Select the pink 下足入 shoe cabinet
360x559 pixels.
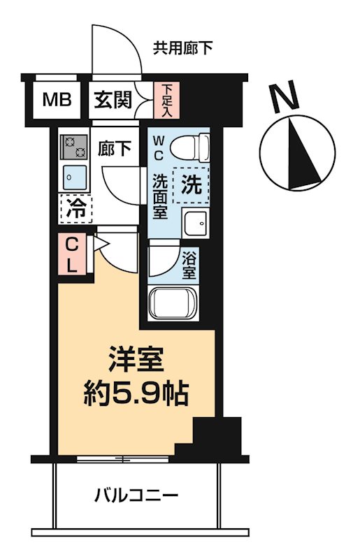(x=166, y=99)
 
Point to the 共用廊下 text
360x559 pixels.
(x=183, y=48)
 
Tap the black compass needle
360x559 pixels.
(x=302, y=150)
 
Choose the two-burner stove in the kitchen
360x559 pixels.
(x=73, y=145)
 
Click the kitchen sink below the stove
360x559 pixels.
(x=73, y=175)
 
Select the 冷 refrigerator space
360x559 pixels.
(x=76, y=208)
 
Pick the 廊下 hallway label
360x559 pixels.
(x=114, y=150)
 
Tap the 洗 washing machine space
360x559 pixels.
(x=191, y=185)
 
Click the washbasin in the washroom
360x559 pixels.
(x=196, y=224)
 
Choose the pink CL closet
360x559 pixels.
(x=72, y=254)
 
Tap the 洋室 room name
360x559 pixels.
(x=136, y=361)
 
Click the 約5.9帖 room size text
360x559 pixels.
(x=136, y=395)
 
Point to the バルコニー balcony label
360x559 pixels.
(x=136, y=497)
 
